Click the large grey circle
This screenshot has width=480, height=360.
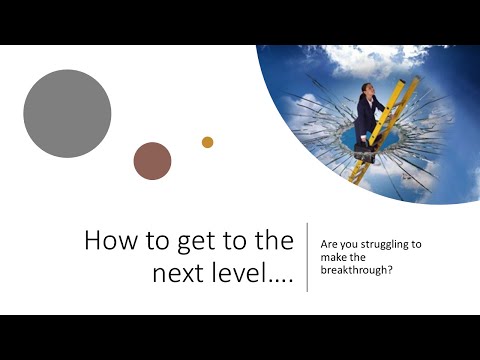67,113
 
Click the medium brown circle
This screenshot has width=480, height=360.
153,161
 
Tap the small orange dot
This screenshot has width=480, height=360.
208,142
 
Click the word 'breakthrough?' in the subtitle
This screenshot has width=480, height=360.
355,268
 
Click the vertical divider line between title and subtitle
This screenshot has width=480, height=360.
307,257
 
